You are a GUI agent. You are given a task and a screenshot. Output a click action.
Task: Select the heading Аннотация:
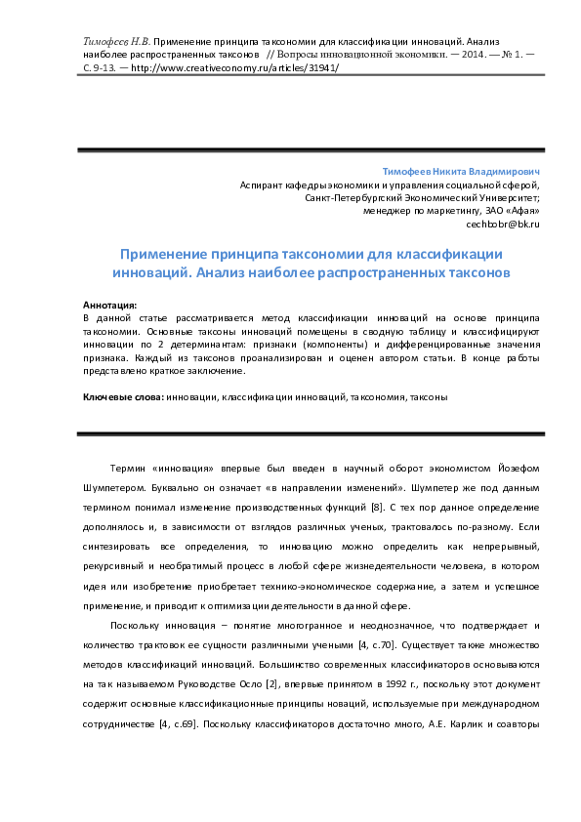coord(110,306)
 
